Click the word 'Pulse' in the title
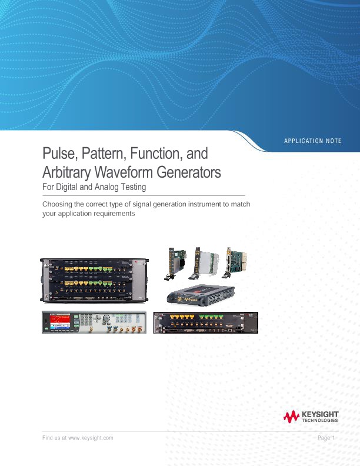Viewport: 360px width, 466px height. click(x=57, y=154)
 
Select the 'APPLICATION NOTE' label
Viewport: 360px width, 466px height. click(x=312, y=141)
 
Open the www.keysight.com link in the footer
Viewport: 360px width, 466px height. click(x=91, y=438)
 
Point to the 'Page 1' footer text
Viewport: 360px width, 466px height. click(x=325, y=438)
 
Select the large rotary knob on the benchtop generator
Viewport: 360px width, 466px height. click(x=106, y=319)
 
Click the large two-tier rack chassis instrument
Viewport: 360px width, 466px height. click(x=92, y=280)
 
